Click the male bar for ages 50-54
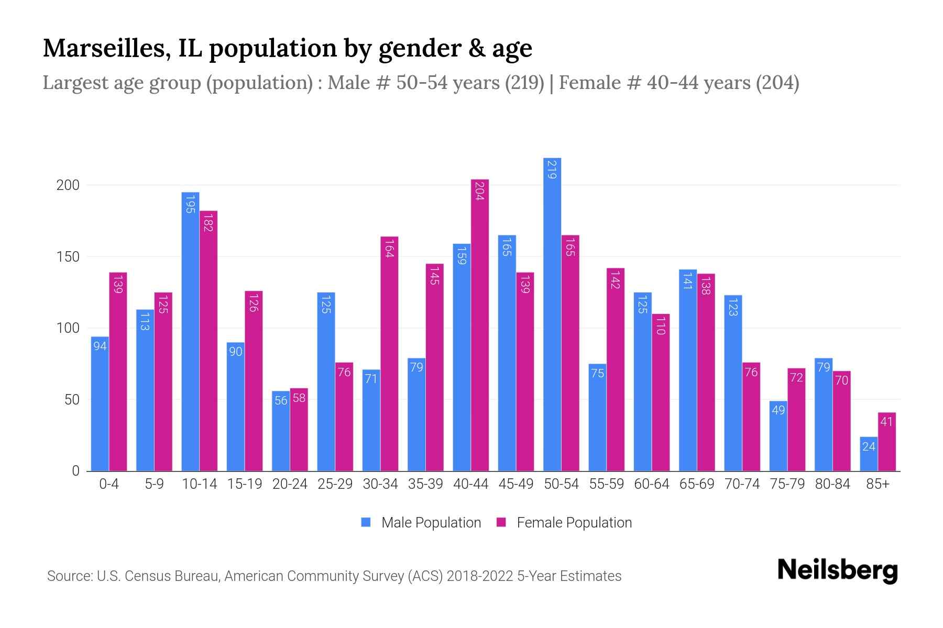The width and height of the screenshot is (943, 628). [552, 314]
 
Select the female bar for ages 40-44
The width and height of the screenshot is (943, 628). [480, 324]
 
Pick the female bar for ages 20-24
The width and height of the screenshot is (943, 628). [299, 429]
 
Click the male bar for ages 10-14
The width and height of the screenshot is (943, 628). [190, 331]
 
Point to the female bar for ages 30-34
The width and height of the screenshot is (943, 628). [389, 354]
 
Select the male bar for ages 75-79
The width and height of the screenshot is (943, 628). [778, 436]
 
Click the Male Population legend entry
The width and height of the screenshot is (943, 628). [431, 523]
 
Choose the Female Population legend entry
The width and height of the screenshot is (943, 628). [574, 523]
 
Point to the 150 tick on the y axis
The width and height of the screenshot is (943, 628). [68, 257]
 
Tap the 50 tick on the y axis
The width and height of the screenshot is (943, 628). [72, 400]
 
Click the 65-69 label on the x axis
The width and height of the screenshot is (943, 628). [697, 484]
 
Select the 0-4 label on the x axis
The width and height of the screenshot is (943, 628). [109, 484]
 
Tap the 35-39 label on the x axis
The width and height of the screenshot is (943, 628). [425, 484]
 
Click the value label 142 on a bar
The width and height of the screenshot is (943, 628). [616, 279]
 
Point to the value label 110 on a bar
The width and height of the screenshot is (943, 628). [661, 326]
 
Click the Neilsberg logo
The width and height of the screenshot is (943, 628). [837, 570]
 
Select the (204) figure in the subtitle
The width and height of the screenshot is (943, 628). [777, 83]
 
